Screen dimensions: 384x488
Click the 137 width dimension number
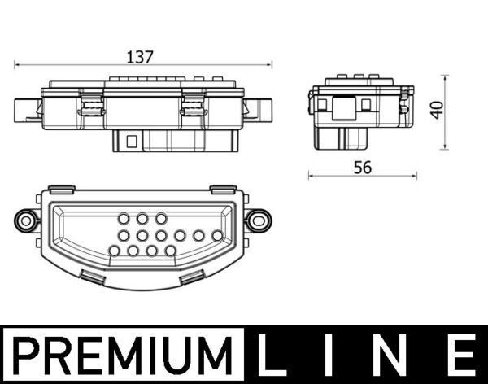point(140,57)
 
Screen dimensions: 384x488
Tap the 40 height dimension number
point(438,110)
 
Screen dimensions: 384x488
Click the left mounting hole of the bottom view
point(26,220)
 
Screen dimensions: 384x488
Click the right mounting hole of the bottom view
point(259,219)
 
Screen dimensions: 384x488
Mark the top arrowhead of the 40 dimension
point(445,76)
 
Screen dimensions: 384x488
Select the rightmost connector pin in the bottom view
point(217,235)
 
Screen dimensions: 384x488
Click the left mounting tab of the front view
point(26,108)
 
